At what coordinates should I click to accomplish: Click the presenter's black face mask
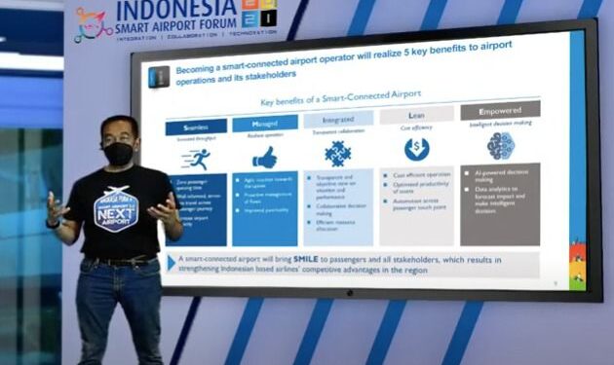[118, 153]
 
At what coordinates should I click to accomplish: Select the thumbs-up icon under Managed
[264, 157]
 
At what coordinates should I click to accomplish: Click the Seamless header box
[196, 127]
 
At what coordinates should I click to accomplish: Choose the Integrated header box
[337, 120]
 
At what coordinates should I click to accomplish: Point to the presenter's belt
[122, 261]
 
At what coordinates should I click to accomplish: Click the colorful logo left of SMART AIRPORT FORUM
[94, 25]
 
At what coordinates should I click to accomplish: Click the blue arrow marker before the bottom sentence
[173, 262]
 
